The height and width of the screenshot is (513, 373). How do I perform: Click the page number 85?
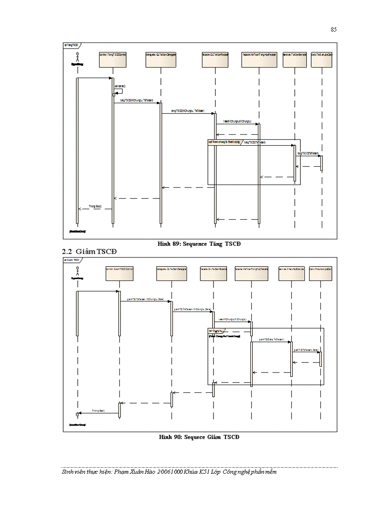(x=333, y=30)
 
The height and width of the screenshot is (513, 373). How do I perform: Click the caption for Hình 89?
(x=199, y=244)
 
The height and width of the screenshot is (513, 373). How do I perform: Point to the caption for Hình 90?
(x=199, y=437)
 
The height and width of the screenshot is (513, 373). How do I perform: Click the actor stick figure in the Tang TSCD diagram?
(x=77, y=58)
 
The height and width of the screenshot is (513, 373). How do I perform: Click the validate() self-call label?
(x=120, y=86)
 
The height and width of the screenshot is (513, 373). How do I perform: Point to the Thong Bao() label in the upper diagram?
(x=95, y=206)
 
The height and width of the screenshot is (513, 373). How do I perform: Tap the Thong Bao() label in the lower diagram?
(x=98, y=411)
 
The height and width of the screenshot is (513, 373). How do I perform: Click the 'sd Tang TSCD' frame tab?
(x=71, y=45)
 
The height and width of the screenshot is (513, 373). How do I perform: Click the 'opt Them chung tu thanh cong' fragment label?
(x=224, y=142)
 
